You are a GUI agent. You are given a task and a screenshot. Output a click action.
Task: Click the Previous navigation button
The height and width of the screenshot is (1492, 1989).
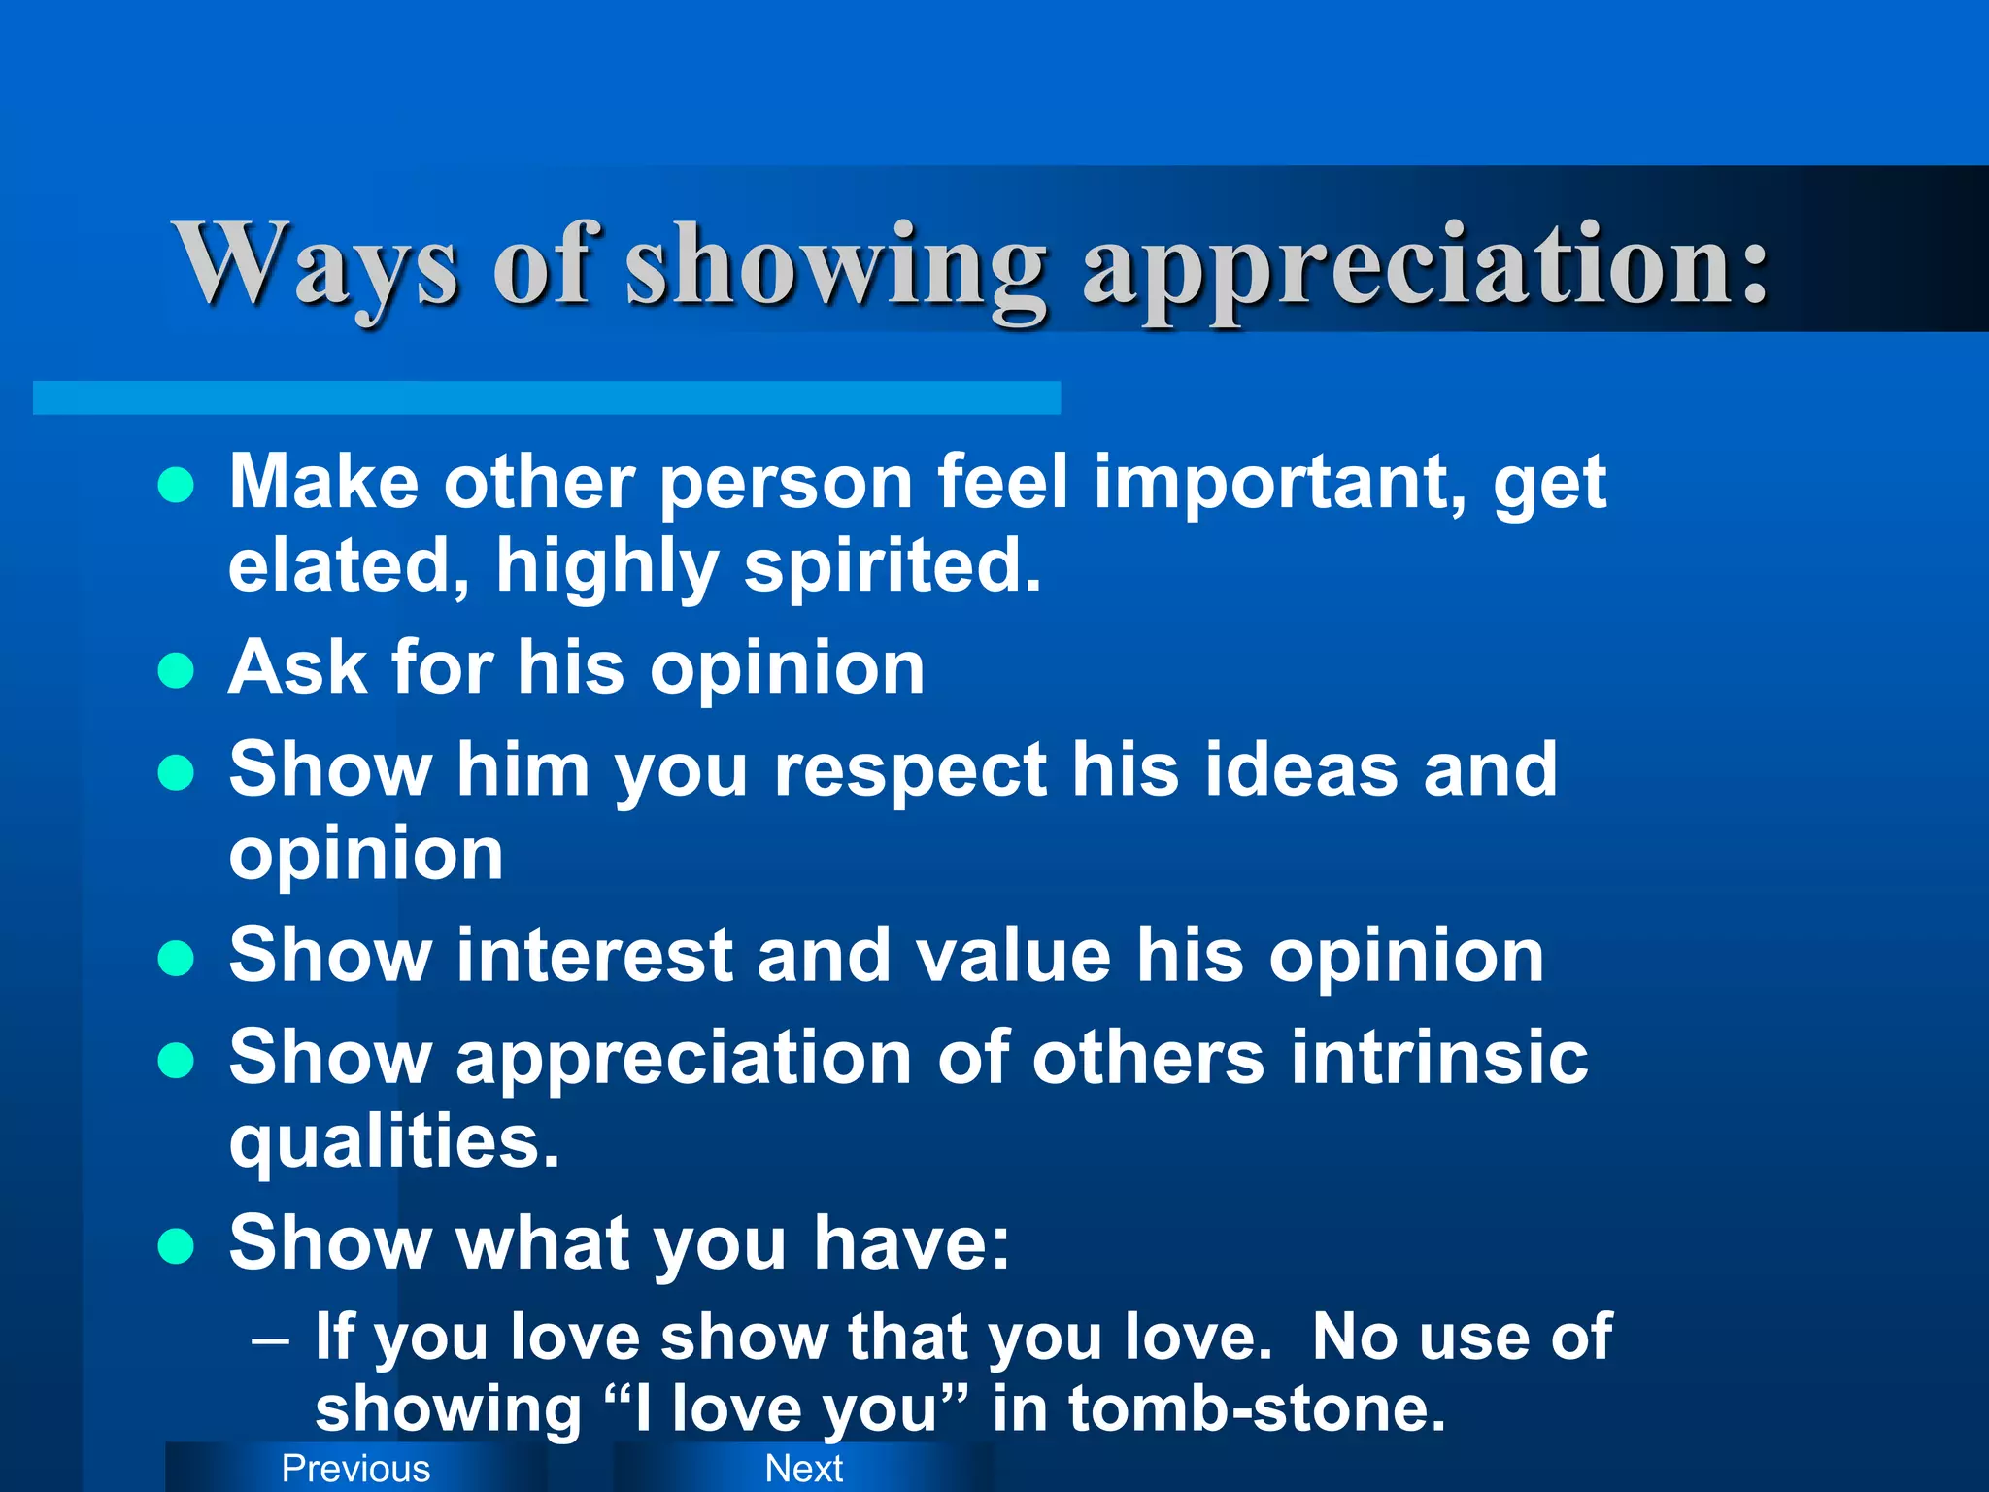[x=355, y=1468]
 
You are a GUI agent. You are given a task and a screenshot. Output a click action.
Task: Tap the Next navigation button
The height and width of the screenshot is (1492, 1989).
[x=803, y=1468]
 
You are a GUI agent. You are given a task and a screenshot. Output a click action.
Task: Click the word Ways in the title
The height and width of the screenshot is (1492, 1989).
[x=316, y=264]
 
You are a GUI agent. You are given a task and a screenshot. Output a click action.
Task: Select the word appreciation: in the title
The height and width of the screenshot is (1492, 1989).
[x=1426, y=267]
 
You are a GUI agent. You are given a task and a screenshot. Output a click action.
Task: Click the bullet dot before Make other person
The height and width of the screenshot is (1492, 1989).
[x=176, y=484]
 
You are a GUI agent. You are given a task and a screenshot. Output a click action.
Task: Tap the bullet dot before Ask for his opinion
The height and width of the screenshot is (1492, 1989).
[x=176, y=670]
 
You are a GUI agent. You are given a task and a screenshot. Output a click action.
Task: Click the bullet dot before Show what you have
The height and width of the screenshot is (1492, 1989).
[x=176, y=1245]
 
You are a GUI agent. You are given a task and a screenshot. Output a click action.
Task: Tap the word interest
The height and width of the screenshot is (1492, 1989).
[x=594, y=955]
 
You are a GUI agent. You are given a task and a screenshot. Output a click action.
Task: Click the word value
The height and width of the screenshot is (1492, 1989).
[x=1013, y=955]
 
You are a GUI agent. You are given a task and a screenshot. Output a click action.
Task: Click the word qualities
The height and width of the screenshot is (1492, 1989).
[x=393, y=1143]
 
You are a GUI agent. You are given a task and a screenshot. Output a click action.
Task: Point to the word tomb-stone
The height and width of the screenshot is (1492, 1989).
[x=1257, y=1408]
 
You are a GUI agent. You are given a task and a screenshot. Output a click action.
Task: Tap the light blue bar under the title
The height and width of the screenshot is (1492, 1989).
[x=546, y=397]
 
